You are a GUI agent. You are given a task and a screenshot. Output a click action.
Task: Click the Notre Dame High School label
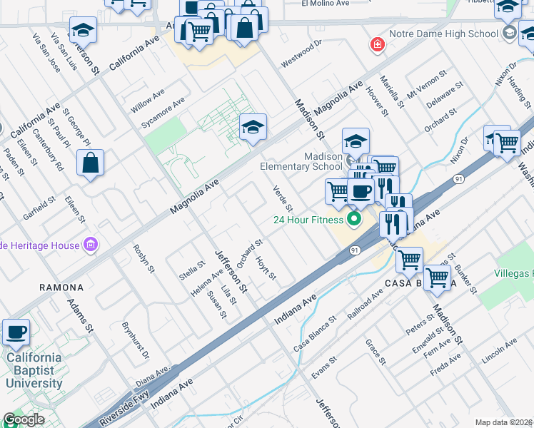click(x=443, y=34)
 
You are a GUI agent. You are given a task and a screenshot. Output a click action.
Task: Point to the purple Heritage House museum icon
click(x=90, y=246)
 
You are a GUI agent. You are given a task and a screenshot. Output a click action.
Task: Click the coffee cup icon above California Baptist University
click(x=16, y=331)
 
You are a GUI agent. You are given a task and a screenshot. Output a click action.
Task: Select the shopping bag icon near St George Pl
click(x=91, y=163)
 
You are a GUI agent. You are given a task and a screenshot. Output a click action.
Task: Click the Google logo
click(x=24, y=419)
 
